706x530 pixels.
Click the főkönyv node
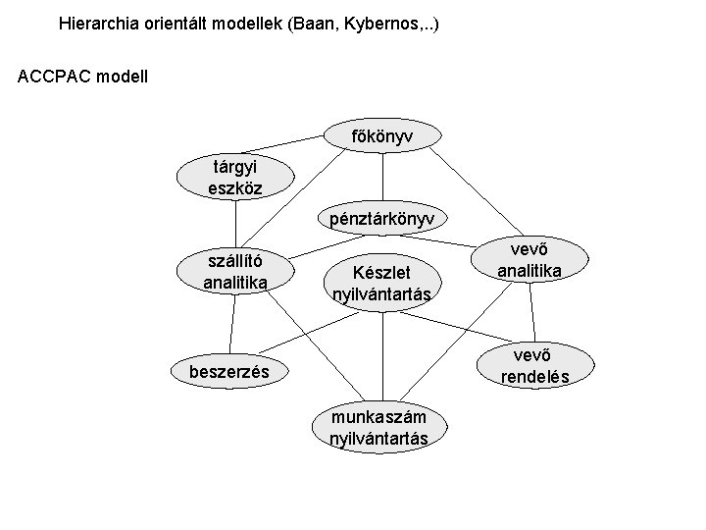[381, 135]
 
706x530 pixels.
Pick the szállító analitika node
[235, 272]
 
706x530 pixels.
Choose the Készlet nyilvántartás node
[381, 282]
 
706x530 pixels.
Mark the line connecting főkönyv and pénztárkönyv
[381, 177]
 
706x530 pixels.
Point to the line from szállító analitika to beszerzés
[233, 324]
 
